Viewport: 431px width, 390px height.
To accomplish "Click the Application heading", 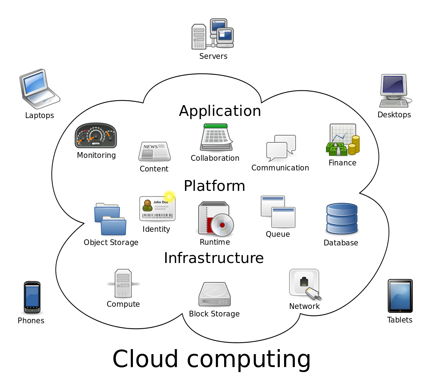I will pyautogui.click(x=220, y=111).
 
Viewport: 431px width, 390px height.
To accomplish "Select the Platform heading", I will pyautogui.click(x=214, y=186).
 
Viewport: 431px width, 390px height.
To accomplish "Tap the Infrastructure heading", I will pyautogui.click(x=214, y=258).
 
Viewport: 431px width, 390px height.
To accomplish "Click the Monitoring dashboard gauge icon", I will pyautogui.click(x=96, y=136).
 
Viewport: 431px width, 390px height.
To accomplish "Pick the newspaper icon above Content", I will pyautogui.click(x=154, y=151).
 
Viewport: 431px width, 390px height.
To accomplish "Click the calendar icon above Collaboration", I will pyautogui.click(x=216, y=137).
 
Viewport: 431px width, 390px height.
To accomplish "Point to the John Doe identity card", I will pyautogui.click(x=157, y=208).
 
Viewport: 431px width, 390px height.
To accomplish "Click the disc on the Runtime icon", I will pyautogui.click(x=222, y=225).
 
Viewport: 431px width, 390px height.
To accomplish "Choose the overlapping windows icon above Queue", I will pyautogui.click(x=278, y=212).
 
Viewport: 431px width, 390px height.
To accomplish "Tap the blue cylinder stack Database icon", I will pyautogui.click(x=342, y=219).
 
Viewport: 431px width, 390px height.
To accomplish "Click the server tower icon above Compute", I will pyautogui.click(x=123, y=283).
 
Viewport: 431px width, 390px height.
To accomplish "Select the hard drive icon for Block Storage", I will pyautogui.click(x=214, y=294).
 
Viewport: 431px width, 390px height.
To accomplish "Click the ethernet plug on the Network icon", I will pyautogui.click(x=314, y=294).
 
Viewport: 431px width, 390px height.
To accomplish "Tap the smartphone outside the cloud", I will pyautogui.click(x=32, y=297).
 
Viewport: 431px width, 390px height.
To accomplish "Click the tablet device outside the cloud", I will pyautogui.click(x=400, y=296).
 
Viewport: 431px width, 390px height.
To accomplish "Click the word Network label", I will pyautogui.click(x=304, y=306).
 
